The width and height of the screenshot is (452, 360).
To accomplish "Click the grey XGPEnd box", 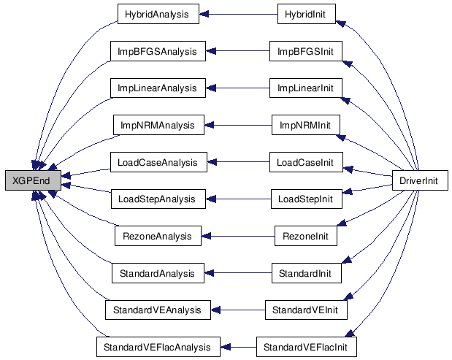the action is pyautogui.click(x=33, y=180).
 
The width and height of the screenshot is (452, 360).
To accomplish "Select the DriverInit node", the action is pyautogui.click(x=420, y=180).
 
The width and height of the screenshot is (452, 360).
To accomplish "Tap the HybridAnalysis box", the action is pyautogui.click(x=158, y=14).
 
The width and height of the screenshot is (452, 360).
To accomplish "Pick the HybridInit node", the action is pyautogui.click(x=307, y=14).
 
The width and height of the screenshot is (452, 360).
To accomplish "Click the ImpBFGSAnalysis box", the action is pyautogui.click(x=158, y=51).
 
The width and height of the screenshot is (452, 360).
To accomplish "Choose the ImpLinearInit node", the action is pyautogui.click(x=306, y=88).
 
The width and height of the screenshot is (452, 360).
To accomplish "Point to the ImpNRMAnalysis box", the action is pyautogui.click(x=158, y=125).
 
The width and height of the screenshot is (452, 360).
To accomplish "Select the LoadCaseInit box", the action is pyautogui.click(x=306, y=162).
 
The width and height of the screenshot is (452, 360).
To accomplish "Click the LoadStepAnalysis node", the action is pyautogui.click(x=158, y=199).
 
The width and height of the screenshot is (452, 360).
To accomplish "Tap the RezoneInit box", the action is pyautogui.click(x=306, y=236).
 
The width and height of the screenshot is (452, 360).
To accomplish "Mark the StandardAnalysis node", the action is pyautogui.click(x=158, y=273).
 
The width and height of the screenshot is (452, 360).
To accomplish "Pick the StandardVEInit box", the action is pyautogui.click(x=306, y=310).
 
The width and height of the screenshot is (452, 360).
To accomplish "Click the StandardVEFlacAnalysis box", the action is pyautogui.click(x=158, y=347).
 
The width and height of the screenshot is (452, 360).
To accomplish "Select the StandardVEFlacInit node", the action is pyautogui.click(x=307, y=347).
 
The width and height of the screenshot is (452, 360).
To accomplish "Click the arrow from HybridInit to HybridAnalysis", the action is pyautogui.click(x=238, y=14).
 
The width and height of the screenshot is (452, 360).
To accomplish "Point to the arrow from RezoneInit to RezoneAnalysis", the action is pyautogui.click(x=238, y=236).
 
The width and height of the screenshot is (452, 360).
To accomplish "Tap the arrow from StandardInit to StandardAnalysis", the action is pyautogui.click(x=238, y=273).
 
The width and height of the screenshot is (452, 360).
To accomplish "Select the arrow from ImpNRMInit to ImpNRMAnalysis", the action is pyautogui.click(x=238, y=125).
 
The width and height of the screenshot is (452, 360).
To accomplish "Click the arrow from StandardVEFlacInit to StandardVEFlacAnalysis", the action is pyautogui.click(x=238, y=347).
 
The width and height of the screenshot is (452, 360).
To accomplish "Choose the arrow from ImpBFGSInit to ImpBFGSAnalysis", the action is pyautogui.click(x=238, y=51).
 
